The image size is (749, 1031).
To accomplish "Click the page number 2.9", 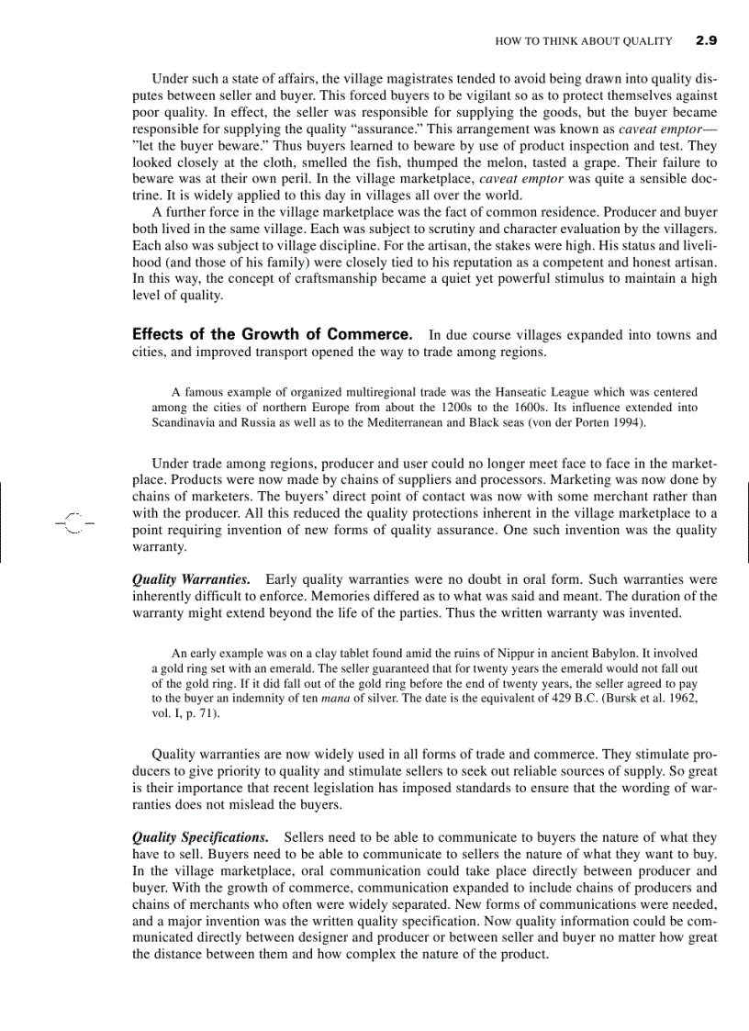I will coord(706,40).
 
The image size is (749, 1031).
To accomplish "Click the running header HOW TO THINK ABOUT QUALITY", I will coord(583,41).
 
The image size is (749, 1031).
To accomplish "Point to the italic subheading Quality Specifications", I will coord(200,837).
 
